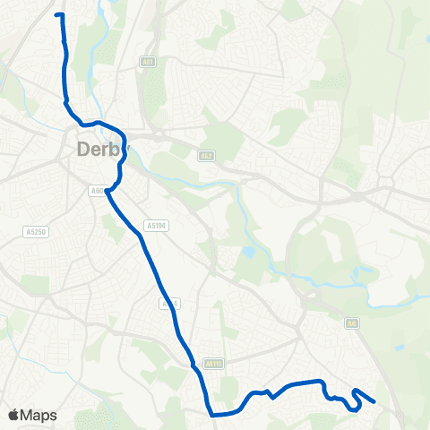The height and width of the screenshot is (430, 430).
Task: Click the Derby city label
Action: [100, 149]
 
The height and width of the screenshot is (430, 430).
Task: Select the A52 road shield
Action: [205, 155]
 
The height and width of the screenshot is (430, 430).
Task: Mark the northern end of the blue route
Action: [57, 14]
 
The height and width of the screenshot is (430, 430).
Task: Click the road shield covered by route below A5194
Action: [171, 304]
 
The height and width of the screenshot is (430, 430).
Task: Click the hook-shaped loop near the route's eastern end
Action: [355, 400]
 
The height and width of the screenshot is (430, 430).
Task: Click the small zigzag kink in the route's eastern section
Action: [270, 394]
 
